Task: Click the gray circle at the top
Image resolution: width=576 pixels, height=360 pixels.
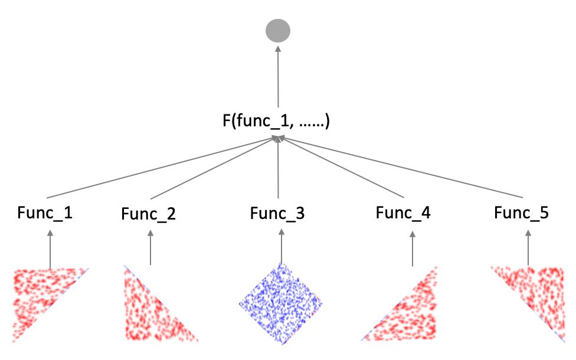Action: coord(277,31)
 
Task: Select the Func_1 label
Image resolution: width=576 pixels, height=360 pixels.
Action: coord(44,212)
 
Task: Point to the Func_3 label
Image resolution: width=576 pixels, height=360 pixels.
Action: coord(277,212)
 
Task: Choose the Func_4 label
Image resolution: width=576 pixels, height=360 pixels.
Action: coord(404,212)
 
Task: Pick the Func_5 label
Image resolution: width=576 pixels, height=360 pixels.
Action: coord(522,212)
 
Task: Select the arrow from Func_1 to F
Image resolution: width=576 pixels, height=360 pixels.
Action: coord(159,168)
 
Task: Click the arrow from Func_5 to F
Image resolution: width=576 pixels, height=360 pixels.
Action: coord(401,168)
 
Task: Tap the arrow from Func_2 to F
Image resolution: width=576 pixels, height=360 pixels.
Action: coord(212,168)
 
